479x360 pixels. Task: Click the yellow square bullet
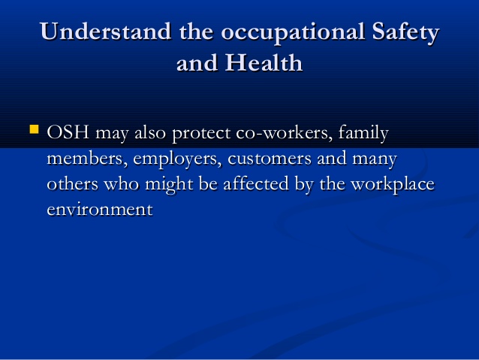[x=35, y=129]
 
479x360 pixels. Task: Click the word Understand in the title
[x=105, y=32]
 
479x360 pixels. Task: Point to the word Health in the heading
[x=264, y=62]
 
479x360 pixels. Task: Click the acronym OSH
[x=68, y=132]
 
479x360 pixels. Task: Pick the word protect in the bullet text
[x=201, y=134]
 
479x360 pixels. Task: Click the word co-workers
[x=284, y=132]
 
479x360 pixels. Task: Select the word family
[x=363, y=133]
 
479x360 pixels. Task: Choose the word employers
[x=177, y=159]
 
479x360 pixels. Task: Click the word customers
[x=270, y=159]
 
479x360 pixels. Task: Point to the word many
[x=374, y=160]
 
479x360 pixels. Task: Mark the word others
[x=72, y=184]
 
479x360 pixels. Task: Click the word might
[x=169, y=185]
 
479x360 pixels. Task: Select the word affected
[x=256, y=184]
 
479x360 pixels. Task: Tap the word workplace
[x=392, y=185]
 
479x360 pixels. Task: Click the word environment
[x=100, y=210]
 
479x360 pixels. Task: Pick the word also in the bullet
[x=150, y=132]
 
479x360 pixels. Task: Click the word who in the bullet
[x=122, y=184]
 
